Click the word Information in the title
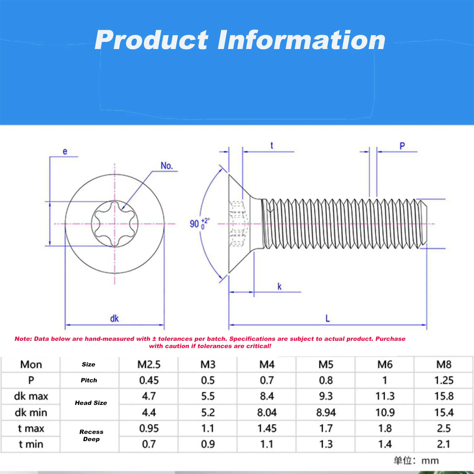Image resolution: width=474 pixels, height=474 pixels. coord(301,40)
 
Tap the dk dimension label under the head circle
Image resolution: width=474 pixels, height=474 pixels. coord(114,319)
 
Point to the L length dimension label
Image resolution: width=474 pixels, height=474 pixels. coord(328,318)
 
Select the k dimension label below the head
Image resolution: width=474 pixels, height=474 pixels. coord(279,286)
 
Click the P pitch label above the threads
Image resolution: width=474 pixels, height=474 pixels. coord(402,146)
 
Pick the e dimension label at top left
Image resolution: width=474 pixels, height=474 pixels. coord(65,151)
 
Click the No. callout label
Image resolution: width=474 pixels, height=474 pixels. coord(167,166)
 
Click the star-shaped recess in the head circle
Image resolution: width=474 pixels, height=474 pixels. coord(115,224)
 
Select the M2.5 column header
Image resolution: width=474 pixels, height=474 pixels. coord(149,364)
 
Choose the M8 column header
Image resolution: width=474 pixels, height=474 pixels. coord(444,364)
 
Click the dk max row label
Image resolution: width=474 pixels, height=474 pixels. coord(31,396)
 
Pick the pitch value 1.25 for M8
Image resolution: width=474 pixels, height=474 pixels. coord(444,380)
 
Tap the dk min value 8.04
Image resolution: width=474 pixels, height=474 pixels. coord(267,412)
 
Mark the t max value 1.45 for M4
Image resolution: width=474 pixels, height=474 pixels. coord(267,428)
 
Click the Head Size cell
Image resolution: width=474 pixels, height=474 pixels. coord(91,403)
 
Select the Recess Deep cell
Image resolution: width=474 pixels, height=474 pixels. coord(91,435)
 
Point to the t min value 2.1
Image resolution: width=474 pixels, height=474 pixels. coord(443,444)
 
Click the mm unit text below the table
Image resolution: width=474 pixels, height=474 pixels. coord(430,461)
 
